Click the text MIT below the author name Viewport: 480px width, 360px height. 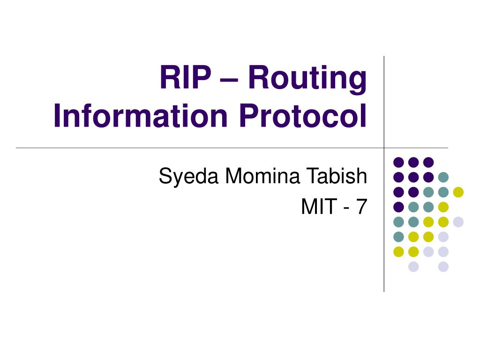[x=317, y=207]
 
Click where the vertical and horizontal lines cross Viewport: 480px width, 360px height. [x=384, y=148]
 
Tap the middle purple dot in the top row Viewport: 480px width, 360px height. [x=413, y=162]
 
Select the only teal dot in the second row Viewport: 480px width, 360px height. [x=443, y=177]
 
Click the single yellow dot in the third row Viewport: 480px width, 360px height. [x=458, y=192]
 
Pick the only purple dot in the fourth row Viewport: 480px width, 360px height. [x=398, y=207]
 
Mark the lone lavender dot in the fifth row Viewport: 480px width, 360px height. [x=458, y=222]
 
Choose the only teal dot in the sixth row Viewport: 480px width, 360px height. [x=398, y=237]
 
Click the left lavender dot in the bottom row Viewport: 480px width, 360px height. [x=413, y=267]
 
